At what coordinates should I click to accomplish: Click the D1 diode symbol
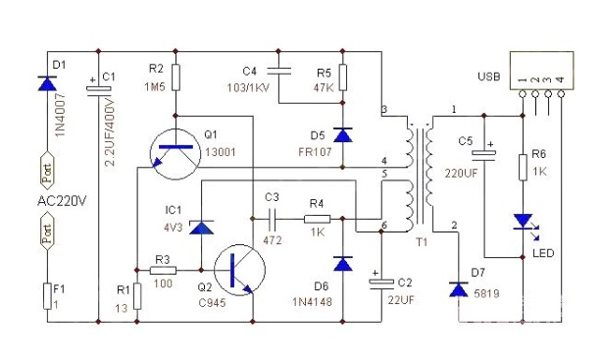(47, 83)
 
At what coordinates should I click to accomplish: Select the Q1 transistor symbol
(175, 154)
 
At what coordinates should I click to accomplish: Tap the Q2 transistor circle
(239, 270)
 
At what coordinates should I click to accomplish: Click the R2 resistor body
(175, 77)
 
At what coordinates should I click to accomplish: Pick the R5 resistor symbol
(343, 77)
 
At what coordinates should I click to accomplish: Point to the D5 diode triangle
(343, 135)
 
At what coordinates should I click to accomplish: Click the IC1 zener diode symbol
(202, 227)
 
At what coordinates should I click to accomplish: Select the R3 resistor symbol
(163, 271)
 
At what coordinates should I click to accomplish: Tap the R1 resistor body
(137, 296)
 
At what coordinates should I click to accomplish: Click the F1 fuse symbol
(47, 296)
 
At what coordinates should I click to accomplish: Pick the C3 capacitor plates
(273, 219)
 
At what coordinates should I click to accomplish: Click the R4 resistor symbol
(317, 219)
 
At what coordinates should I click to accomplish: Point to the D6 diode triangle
(343, 264)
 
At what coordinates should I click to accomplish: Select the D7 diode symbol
(459, 289)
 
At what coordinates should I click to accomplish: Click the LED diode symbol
(524, 223)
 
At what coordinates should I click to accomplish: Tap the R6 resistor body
(523, 167)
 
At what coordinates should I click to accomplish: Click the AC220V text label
(62, 201)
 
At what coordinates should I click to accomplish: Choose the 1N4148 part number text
(312, 302)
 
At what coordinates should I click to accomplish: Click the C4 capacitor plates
(278, 71)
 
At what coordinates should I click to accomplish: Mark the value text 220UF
(461, 174)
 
